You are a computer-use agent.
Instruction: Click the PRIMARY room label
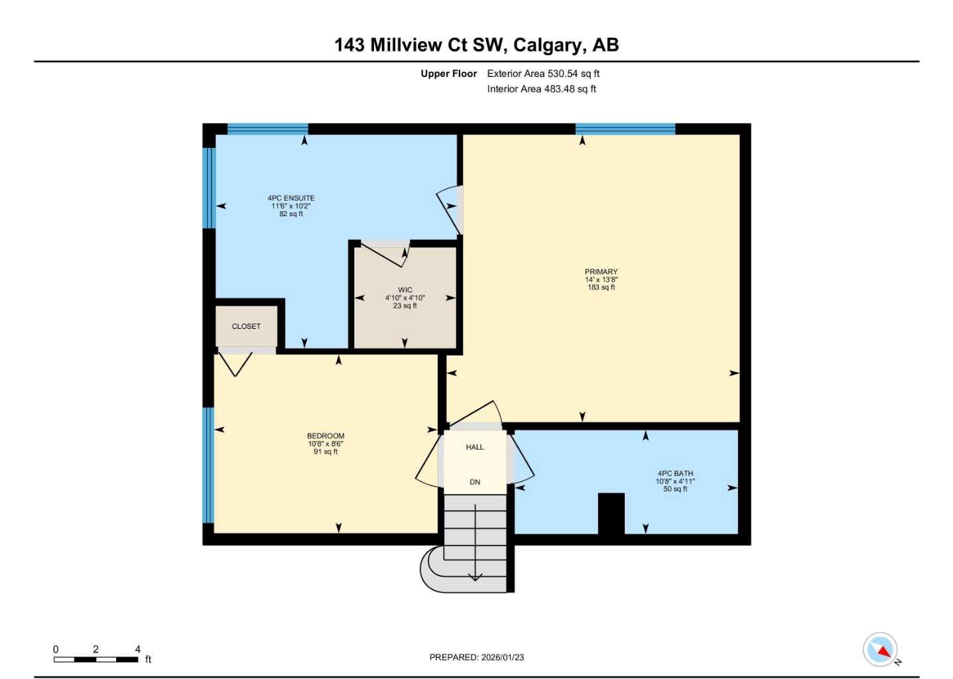601,272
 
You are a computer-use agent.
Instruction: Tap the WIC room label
405,290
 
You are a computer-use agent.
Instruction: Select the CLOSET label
246,326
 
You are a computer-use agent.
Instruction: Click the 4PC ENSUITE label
290,198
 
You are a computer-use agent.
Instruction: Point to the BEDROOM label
325,436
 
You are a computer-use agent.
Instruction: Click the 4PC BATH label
675,474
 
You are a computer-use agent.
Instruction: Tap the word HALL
475,448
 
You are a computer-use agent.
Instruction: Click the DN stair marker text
475,482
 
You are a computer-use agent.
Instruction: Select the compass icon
880,650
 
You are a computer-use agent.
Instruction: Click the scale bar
96,659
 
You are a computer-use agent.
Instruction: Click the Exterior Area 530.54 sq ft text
543,74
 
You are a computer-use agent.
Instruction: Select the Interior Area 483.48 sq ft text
541,89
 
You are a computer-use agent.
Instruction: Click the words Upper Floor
448,74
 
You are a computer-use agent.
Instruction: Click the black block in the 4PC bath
611,513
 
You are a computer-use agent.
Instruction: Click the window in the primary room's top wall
625,129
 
